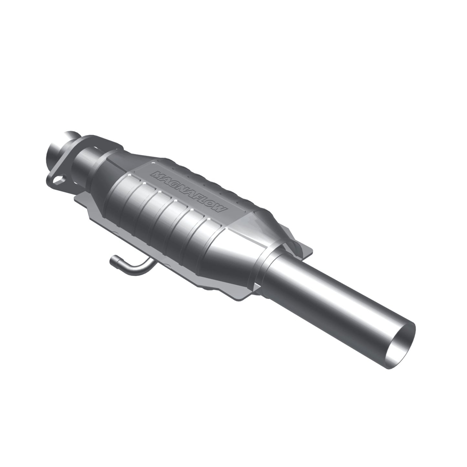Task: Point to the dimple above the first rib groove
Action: coord(129,176)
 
